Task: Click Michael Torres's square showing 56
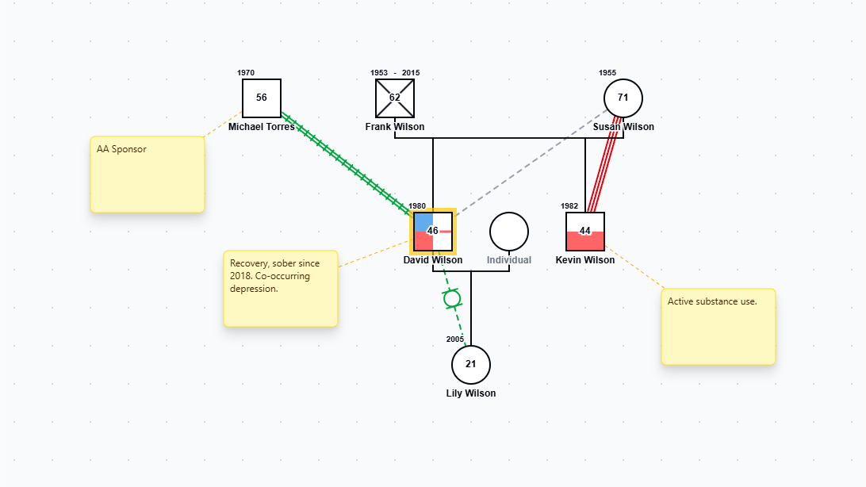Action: (262, 98)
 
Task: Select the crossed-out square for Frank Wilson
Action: (395, 98)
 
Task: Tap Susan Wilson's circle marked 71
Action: (623, 98)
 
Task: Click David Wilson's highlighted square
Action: (433, 232)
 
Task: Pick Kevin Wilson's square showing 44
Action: (585, 232)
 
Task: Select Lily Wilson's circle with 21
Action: (471, 364)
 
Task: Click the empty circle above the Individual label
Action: (509, 232)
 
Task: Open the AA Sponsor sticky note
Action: (148, 174)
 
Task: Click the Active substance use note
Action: (718, 327)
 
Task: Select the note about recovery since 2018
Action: (281, 289)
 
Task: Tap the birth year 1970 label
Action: (246, 73)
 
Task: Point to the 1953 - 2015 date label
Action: (395, 73)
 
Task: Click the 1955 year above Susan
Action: (607, 73)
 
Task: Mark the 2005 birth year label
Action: (455, 339)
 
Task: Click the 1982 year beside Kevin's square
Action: (569, 206)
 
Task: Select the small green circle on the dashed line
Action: (452, 299)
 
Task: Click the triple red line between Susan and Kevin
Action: (604, 165)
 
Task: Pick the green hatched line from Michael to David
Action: (347, 163)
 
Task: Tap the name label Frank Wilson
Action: (395, 126)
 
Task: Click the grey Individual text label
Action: (509, 259)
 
